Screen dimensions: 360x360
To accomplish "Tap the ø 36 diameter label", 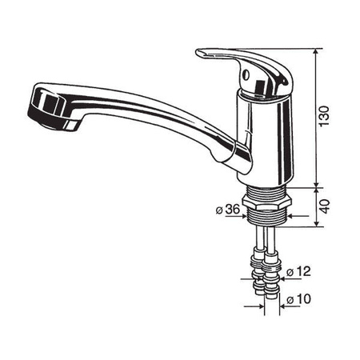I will pos(229,210).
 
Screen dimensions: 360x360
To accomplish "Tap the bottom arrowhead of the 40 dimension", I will pos(318,225).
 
